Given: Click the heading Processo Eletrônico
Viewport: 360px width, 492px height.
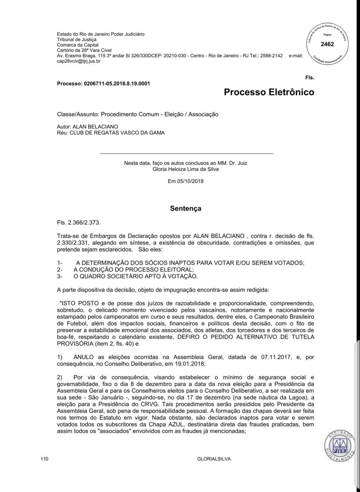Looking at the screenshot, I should pyautogui.click(x=269, y=92).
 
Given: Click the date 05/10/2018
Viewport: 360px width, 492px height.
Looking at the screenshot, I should pyautogui.click(x=191, y=180).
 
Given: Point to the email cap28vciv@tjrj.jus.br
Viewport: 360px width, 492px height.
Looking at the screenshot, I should pyautogui.click(x=79, y=61).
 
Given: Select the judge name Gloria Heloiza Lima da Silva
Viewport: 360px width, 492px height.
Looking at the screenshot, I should pyautogui.click(x=186, y=169).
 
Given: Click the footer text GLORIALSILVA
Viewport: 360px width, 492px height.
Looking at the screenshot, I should pyautogui.click(x=214, y=470).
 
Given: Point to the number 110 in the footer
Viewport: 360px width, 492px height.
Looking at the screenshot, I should pyautogui.click(x=45, y=470).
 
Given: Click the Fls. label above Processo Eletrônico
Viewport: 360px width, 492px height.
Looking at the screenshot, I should pyautogui.click(x=310, y=77).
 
